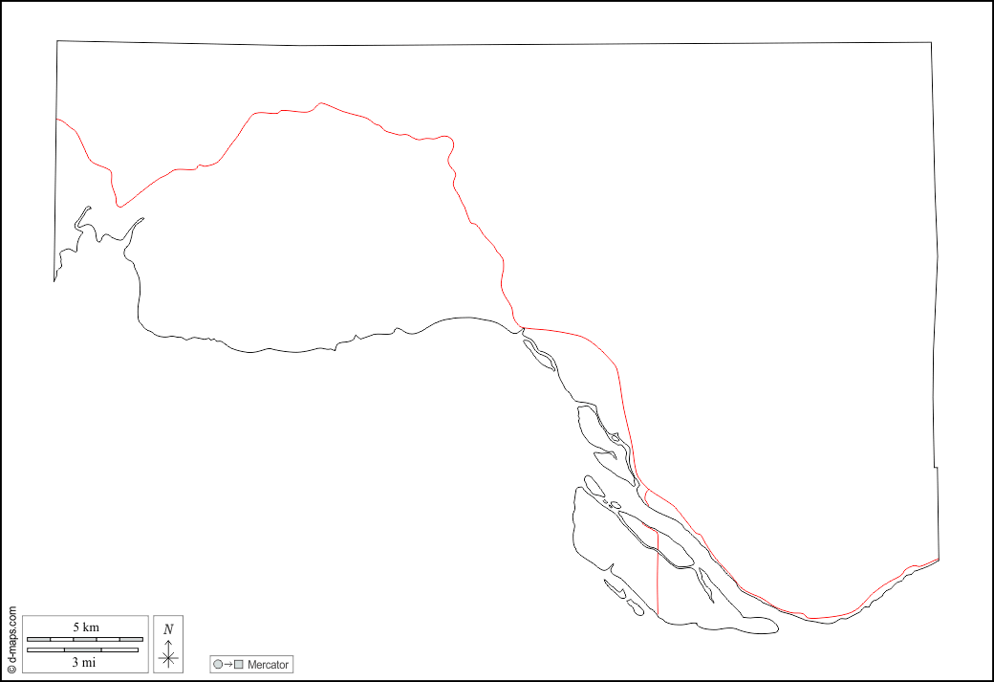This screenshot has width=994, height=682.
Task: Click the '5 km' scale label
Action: (x=85, y=627)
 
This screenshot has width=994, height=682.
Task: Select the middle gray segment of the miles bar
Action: (x=83, y=650)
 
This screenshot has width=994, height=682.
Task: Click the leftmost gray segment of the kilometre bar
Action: (x=39, y=638)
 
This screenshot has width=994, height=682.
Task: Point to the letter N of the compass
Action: (x=168, y=628)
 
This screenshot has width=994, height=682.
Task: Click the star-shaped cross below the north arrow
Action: (x=168, y=657)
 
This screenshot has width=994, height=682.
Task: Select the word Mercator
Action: (x=268, y=664)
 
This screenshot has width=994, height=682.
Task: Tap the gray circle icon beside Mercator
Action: (x=218, y=664)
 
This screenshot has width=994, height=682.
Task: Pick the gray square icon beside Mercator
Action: (x=239, y=664)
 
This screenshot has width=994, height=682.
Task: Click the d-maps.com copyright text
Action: (x=11, y=638)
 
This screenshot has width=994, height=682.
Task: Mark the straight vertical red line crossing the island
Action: (x=658, y=574)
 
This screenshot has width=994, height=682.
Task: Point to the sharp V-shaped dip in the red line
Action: (x=119, y=205)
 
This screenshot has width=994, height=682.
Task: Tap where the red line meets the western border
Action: (x=57, y=119)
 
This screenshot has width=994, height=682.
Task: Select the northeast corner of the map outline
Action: (x=932, y=42)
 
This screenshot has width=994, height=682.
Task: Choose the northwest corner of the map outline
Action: (x=57, y=41)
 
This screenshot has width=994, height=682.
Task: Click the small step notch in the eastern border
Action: (x=937, y=468)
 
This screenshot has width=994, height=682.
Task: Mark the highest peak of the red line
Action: (x=321, y=102)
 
